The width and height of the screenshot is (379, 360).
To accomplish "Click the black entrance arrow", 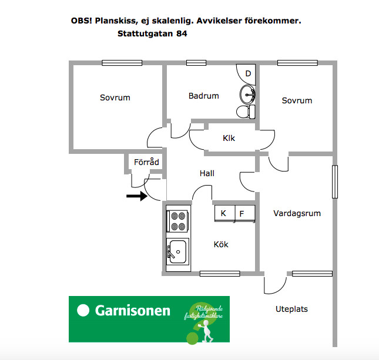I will (136, 197).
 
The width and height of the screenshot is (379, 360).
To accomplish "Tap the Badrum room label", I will (204, 96).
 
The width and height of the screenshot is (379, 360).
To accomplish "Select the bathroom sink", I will (248, 93).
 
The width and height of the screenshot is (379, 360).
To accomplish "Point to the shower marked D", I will (247, 74).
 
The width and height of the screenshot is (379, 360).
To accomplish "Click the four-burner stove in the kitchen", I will (178, 221).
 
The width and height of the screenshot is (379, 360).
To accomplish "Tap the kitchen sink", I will (177, 252).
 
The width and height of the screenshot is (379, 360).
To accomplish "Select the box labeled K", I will (224, 213).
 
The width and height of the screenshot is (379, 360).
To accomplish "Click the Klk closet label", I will (229, 139).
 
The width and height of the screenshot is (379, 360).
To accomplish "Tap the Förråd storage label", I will (146, 163).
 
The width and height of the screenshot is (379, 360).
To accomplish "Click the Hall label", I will (207, 174).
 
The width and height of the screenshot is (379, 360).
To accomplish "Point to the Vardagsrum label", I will (297, 214).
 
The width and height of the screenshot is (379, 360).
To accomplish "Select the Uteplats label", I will (291, 309).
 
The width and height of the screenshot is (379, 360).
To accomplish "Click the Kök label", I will (221, 244).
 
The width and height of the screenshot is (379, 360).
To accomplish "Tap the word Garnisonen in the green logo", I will (133, 311).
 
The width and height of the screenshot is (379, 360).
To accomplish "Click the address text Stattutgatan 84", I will (153, 34).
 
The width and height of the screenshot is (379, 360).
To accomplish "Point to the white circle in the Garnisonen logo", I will (83, 311).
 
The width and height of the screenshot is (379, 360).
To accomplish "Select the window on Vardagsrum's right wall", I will (335, 182).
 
